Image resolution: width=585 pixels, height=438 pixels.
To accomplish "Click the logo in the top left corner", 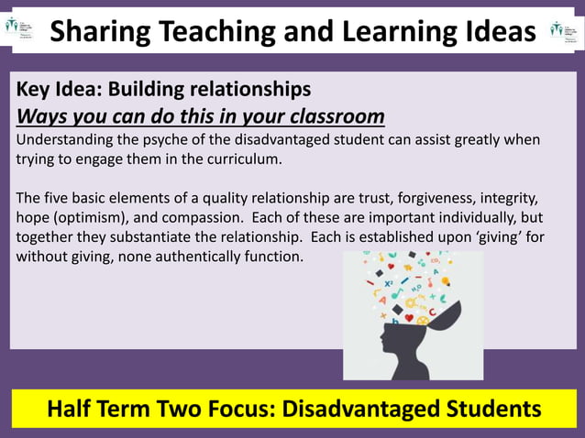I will click(20, 27).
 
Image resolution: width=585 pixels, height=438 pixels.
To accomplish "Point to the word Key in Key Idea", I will click(35, 91).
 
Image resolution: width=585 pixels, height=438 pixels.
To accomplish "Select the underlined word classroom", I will click(329, 118).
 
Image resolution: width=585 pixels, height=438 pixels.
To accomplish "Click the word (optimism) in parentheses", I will click(99, 218).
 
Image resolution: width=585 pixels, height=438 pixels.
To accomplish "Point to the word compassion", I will click(224, 218).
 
